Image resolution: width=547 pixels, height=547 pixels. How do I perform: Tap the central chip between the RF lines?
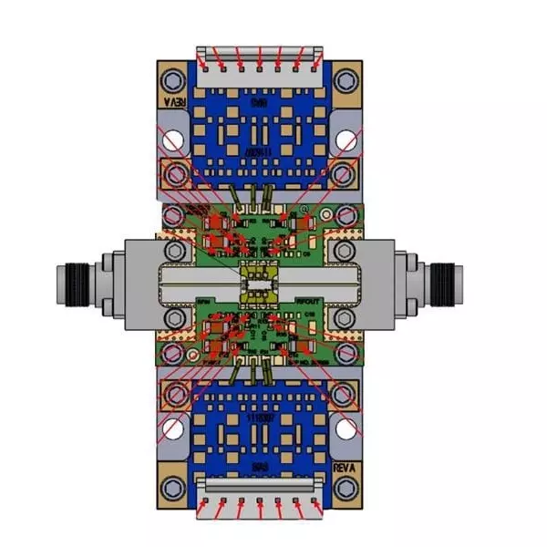[x=260, y=283]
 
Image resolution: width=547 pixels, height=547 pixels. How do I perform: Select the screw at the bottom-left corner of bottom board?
[x=173, y=490]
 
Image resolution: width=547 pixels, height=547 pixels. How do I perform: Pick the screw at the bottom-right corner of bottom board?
[x=346, y=490]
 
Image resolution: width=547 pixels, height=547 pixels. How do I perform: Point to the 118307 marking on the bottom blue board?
[x=260, y=415]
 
